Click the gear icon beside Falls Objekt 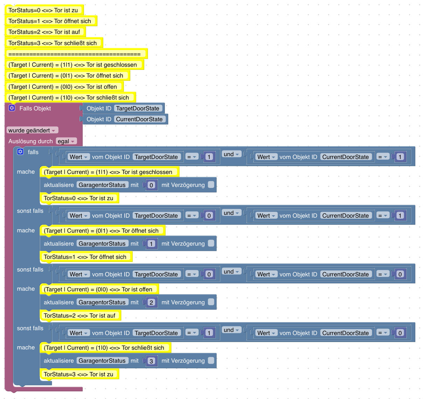[12, 108]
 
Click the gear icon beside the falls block [20, 152]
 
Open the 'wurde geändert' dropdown [32, 130]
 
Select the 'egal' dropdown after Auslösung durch [66, 141]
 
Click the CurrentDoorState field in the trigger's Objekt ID [139, 119]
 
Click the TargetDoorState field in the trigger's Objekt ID [138, 108]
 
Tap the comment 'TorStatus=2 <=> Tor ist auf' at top [44, 32]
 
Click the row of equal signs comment [74, 54]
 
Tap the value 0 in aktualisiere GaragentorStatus [151, 185]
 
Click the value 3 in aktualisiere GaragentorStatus [151, 361]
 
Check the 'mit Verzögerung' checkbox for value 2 [211, 302]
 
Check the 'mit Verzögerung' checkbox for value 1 [211, 243]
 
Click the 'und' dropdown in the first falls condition [231, 154]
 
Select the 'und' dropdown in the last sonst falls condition [231, 330]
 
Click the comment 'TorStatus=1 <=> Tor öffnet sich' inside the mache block [85, 257]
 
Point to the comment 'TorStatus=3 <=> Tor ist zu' [78, 374]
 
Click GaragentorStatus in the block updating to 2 [102, 302]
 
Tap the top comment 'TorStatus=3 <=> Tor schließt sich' [53, 43]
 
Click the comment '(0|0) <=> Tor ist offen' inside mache [98, 289]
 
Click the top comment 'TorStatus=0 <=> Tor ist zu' [43, 10]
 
